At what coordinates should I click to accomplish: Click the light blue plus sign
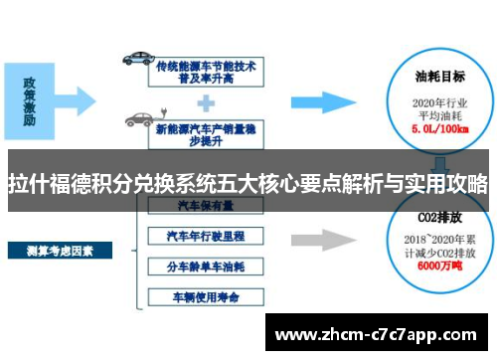[x=207, y=100]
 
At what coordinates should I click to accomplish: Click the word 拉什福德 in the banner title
[x=50, y=183]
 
